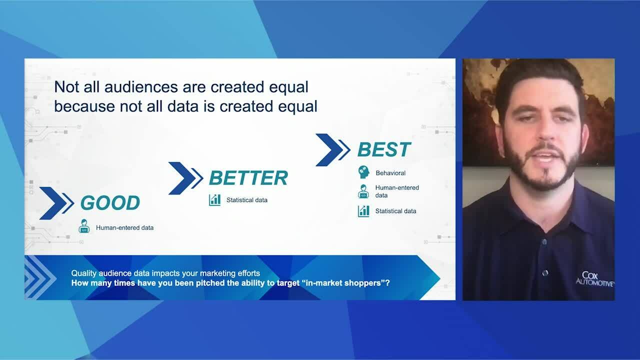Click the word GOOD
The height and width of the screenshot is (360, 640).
coord(110,202)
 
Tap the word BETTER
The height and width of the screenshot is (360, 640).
coord(248,177)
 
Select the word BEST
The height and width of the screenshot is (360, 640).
coord(384,149)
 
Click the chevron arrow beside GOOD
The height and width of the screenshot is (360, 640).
coord(56,203)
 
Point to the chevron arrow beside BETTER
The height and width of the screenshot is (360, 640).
coord(185,178)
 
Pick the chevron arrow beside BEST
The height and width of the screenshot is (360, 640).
coord(333,150)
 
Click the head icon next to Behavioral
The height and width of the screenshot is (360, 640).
coord(363,172)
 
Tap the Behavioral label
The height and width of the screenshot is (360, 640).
coord(390,173)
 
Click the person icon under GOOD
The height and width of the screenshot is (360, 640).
coord(84,226)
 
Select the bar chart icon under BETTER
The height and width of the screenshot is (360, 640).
coord(214,200)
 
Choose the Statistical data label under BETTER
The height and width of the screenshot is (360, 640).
coord(247,200)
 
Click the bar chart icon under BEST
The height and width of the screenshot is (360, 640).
coord(363,211)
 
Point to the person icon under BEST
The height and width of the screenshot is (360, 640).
coord(363,191)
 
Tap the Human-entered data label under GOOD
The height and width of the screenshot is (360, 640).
coord(124,227)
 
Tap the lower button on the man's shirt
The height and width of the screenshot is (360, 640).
coord(545,273)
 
